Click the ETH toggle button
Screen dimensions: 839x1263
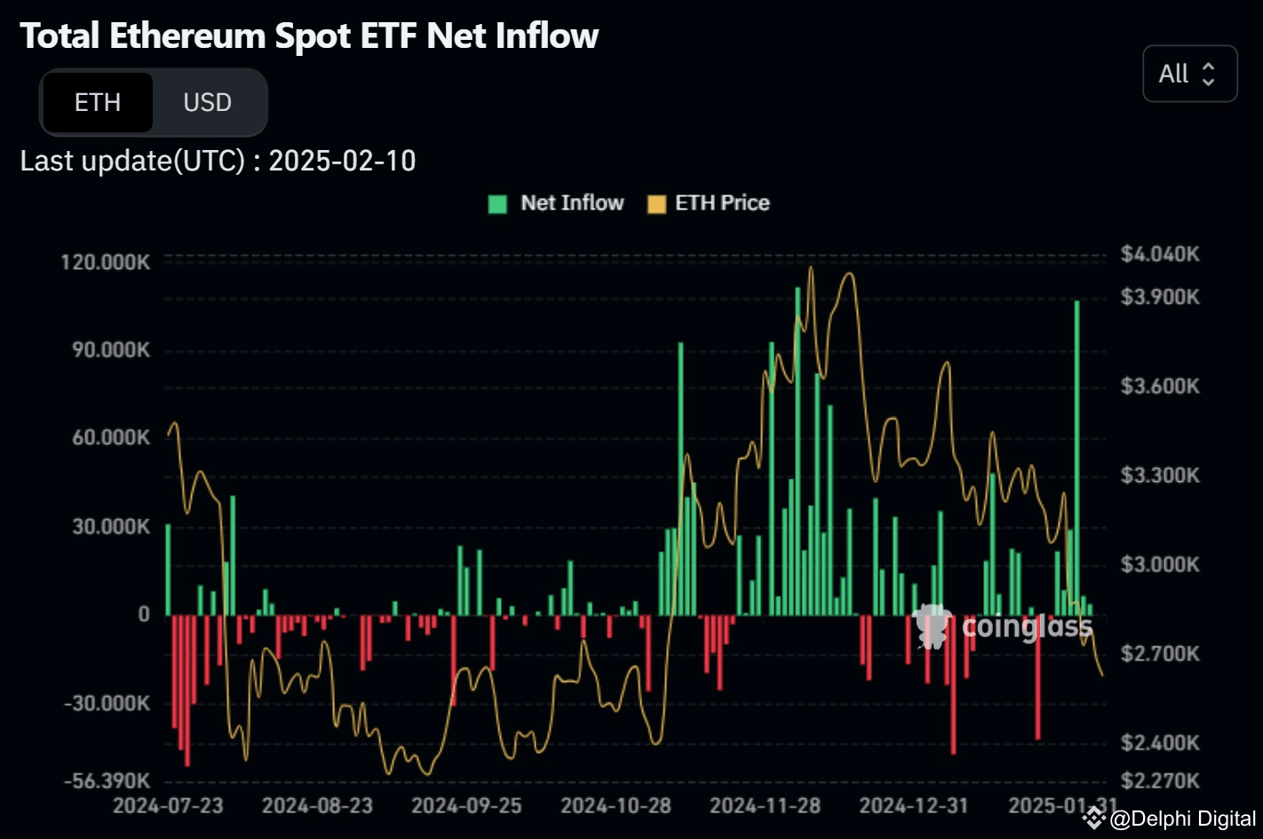(x=98, y=103)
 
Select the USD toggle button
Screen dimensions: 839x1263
(x=207, y=103)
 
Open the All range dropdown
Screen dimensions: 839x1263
(x=1188, y=74)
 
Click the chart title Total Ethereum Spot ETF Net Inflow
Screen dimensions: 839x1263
(x=309, y=36)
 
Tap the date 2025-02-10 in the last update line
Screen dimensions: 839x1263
(x=342, y=161)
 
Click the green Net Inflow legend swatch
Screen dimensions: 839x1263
(x=497, y=203)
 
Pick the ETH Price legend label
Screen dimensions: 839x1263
(x=721, y=203)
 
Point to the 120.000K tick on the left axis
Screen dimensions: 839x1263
(x=105, y=262)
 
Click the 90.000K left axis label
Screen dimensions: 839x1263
(x=111, y=350)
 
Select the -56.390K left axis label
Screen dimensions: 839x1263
(x=107, y=781)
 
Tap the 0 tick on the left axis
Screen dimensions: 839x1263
(x=144, y=614)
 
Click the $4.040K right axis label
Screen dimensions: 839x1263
(x=1159, y=255)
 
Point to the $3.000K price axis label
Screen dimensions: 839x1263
(x=1159, y=565)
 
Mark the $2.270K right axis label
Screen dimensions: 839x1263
(x=1159, y=781)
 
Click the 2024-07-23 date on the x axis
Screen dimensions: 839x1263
(x=168, y=806)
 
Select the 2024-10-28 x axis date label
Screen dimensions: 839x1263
(x=616, y=806)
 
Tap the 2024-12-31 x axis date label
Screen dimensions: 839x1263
(x=913, y=806)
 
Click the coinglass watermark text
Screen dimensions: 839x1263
(x=1027, y=627)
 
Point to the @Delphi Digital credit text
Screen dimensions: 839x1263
(x=1182, y=819)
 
